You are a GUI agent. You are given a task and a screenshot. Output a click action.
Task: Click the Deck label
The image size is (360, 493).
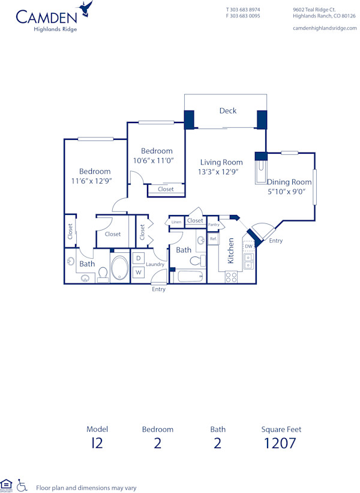pos(227,110)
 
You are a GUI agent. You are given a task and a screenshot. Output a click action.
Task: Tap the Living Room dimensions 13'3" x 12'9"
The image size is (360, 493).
pos(221,172)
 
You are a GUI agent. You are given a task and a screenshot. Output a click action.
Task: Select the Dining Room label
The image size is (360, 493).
pos(289,182)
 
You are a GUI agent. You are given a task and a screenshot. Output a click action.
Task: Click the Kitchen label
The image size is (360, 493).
pos(231,251)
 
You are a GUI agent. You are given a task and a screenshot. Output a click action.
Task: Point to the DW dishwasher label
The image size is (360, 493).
pos(248,246)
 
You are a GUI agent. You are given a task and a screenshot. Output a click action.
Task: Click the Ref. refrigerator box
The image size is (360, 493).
pos(213,239)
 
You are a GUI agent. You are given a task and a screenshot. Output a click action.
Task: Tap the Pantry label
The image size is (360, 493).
pos(214,225)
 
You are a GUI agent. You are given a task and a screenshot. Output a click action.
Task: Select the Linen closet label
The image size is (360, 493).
pos(176,223)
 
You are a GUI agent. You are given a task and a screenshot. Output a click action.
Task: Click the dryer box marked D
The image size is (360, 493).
pos(138,258)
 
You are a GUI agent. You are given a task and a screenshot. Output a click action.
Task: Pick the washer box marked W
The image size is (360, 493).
pos(138,273)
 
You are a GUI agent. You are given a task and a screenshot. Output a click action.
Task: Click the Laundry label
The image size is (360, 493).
pos(155,264)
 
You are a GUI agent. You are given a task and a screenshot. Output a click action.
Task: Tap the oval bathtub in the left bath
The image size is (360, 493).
pos(119,269)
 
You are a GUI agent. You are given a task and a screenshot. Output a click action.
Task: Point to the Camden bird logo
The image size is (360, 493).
pos(87,8)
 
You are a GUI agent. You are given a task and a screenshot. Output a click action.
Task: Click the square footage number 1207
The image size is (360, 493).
pos(281,444)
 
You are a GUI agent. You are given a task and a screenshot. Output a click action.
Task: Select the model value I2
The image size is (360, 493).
pos(97,444)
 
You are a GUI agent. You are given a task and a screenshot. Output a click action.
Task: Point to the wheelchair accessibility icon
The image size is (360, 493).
pos(22,485)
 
